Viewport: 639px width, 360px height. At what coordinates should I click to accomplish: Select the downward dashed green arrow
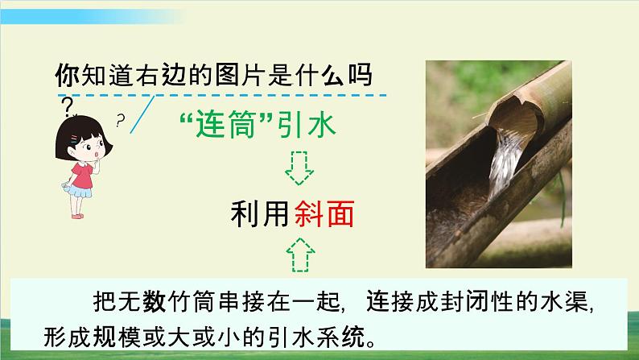pyautogui.click(x=299, y=167)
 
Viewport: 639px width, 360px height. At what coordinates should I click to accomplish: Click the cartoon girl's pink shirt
pyautogui.click(x=83, y=175)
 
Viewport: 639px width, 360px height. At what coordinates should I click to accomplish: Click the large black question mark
pyautogui.click(x=67, y=105)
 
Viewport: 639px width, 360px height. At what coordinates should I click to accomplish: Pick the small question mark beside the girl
pyautogui.click(x=121, y=122)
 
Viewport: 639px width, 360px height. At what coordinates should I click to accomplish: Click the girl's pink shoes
pyautogui.click(x=79, y=215)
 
